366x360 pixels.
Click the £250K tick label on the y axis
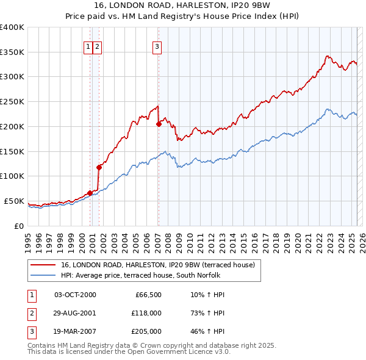(x=12, y=102)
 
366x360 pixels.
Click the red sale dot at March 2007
(x=159, y=124)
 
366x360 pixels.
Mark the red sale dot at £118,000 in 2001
(x=99, y=167)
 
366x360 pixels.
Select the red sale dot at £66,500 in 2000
(x=90, y=193)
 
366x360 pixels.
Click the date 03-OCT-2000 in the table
(x=75, y=295)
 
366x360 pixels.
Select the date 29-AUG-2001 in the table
(x=75, y=313)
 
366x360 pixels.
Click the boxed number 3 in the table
(x=31, y=331)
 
